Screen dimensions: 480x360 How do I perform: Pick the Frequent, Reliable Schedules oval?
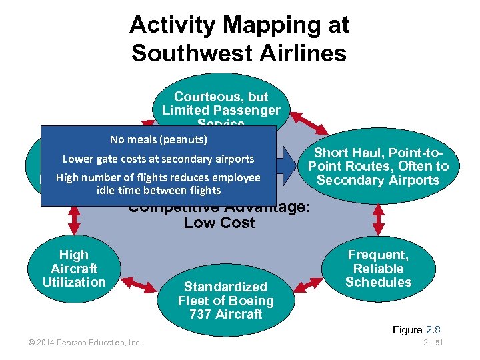pyautogui.click(x=378, y=268)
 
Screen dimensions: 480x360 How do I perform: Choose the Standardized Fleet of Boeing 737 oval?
pyautogui.click(x=225, y=300)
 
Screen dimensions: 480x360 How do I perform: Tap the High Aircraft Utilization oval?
pyautogui.click(x=73, y=268)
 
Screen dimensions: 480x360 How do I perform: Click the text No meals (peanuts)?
pyautogui.click(x=159, y=139)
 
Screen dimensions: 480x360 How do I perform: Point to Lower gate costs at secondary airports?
pyautogui.click(x=158, y=159)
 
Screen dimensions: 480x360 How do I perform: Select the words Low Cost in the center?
pyautogui.click(x=219, y=223)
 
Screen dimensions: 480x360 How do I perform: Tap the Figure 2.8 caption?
pyautogui.click(x=417, y=330)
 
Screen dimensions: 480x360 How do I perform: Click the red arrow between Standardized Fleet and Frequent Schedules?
pyautogui.click(x=307, y=286)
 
